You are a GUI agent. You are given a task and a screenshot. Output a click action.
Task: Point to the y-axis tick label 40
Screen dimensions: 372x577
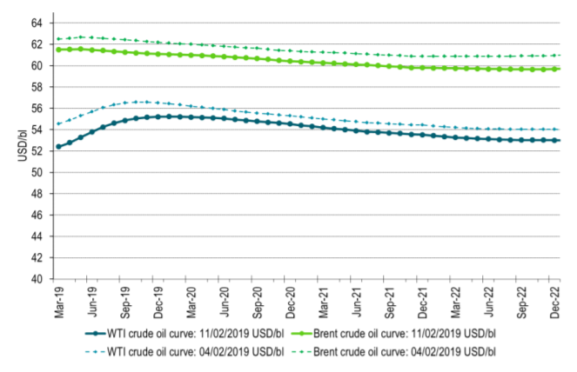click(x=37, y=280)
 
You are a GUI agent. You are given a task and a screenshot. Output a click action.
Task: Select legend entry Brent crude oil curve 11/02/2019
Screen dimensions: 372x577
click(x=399, y=333)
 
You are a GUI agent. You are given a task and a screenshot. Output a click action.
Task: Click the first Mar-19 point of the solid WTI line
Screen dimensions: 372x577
click(x=59, y=147)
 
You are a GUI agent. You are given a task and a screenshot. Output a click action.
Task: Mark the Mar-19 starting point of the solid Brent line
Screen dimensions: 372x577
click(x=59, y=50)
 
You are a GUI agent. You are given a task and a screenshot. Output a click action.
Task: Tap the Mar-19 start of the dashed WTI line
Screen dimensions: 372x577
click(x=59, y=123)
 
